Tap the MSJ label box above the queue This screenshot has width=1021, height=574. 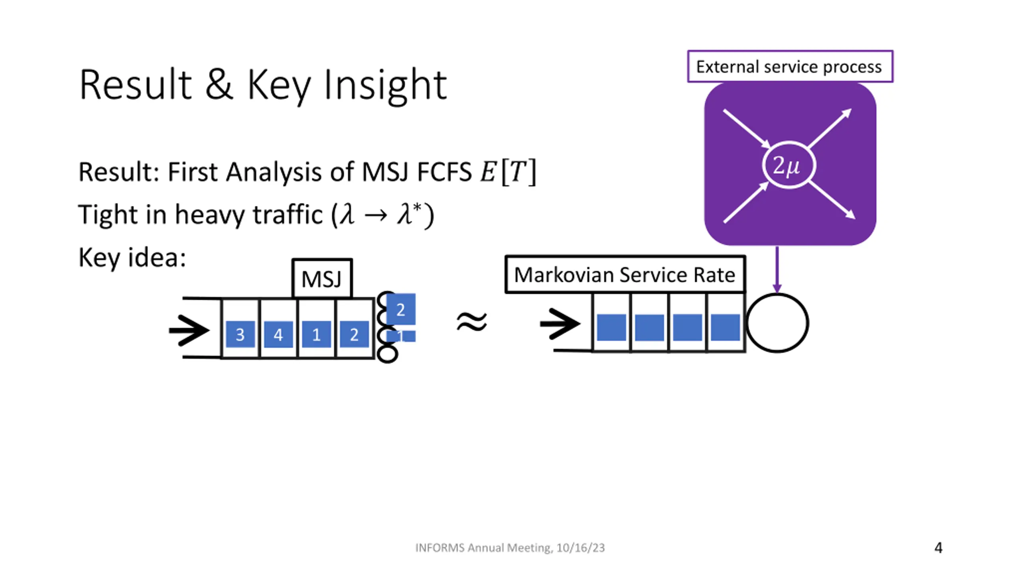tap(322, 278)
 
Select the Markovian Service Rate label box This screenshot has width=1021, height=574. tap(625, 275)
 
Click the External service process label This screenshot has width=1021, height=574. tap(790, 67)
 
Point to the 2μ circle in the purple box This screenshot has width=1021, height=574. tap(788, 165)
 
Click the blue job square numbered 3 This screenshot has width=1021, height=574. tap(240, 334)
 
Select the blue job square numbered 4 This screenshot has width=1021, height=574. tap(278, 334)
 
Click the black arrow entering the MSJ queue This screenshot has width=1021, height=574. tap(189, 330)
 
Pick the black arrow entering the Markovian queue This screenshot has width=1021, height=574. tap(560, 323)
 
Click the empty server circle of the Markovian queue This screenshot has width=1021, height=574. tap(777, 323)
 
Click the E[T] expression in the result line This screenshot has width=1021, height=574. tap(508, 172)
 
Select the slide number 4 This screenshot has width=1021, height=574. tap(938, 548)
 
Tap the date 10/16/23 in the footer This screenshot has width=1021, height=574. tap(580, 548)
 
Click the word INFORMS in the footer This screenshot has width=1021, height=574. tap(440, 548)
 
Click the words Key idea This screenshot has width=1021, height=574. tap(132, 258)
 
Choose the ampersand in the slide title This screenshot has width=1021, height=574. tap(219, 85)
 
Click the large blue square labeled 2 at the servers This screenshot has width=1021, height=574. tap(401, 309)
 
